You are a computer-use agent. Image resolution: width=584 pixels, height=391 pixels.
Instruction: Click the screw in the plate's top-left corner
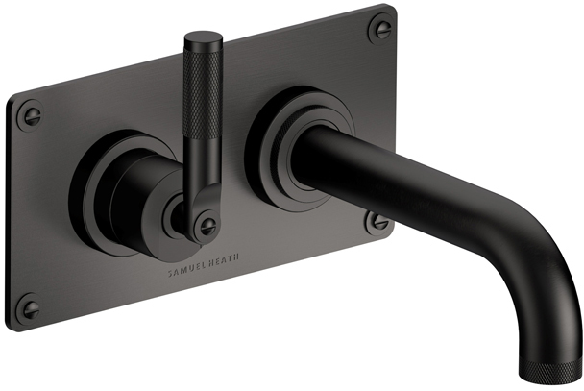click(x=31, y=115)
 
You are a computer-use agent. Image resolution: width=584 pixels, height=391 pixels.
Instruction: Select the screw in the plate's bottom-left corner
click(x=31, y=306)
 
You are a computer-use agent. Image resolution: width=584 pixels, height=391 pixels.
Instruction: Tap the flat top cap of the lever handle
click(x=204, y=37)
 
